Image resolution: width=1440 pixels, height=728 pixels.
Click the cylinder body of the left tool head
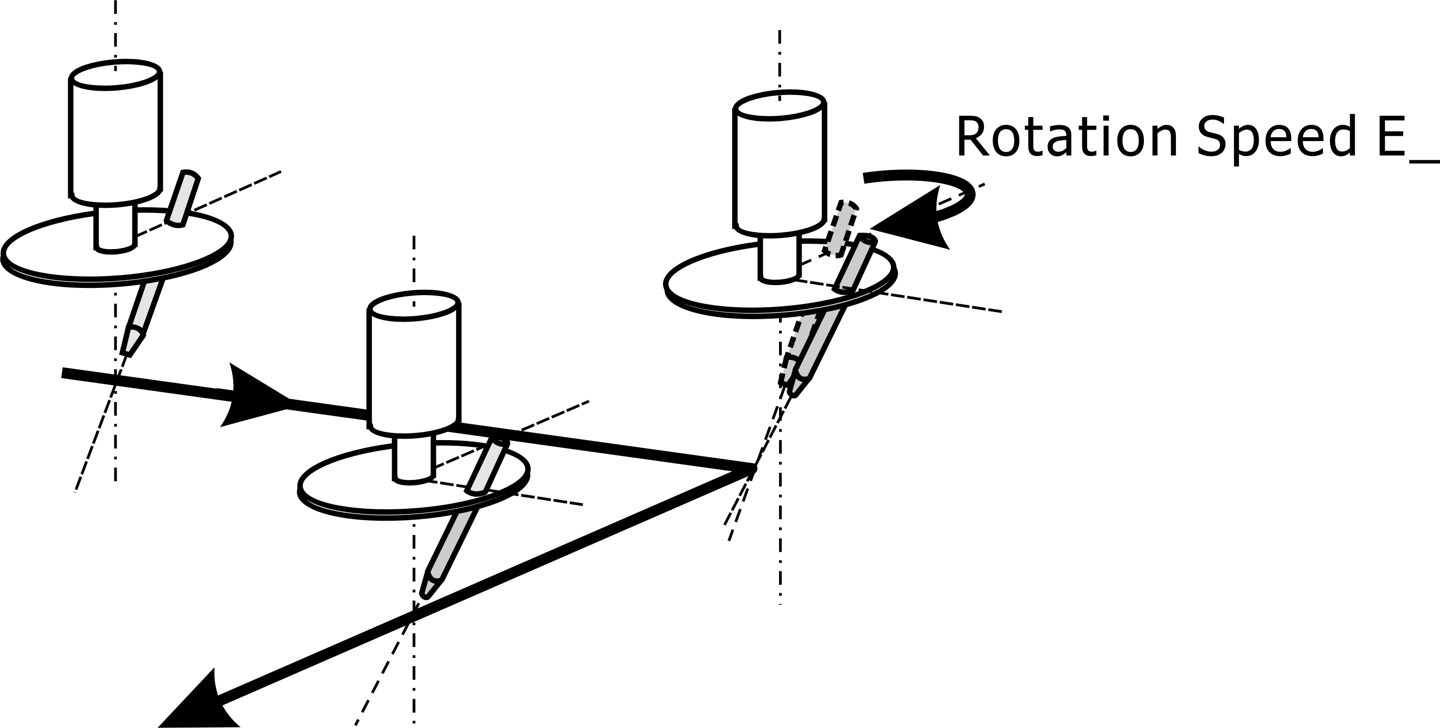click(115, 140)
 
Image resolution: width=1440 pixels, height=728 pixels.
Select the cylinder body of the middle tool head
click(414, 369)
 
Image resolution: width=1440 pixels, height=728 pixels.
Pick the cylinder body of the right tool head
click(779, 167)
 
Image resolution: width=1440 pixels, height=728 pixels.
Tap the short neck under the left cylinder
click(115, 229)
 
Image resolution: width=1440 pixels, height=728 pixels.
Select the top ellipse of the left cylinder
click(116, 73)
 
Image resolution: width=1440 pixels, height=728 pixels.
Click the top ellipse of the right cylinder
click(779, 105)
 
